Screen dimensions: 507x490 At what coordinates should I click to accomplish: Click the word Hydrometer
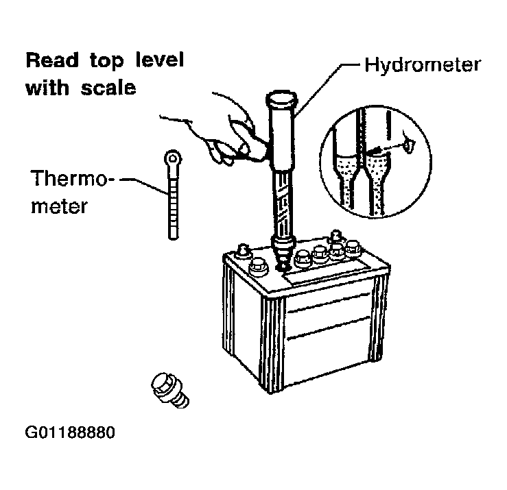pos(423,66)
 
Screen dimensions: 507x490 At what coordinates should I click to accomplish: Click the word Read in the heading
pos(52,60)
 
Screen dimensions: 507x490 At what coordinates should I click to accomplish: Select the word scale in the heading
pos(108,88)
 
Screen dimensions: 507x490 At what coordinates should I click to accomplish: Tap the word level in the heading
pos(160,60)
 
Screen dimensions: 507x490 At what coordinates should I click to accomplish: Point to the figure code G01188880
pos(70,432)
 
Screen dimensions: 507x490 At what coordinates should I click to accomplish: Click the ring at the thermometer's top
pos(172,158)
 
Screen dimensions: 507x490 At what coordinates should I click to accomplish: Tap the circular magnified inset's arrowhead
pos(373,150)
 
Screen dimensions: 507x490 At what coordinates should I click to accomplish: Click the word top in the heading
pos(107,61)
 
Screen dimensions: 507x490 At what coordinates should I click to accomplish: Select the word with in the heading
pos(47,88)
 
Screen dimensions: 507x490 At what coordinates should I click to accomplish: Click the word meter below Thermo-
pos(59,207)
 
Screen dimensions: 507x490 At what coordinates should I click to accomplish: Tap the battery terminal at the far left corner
pos(242,252)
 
